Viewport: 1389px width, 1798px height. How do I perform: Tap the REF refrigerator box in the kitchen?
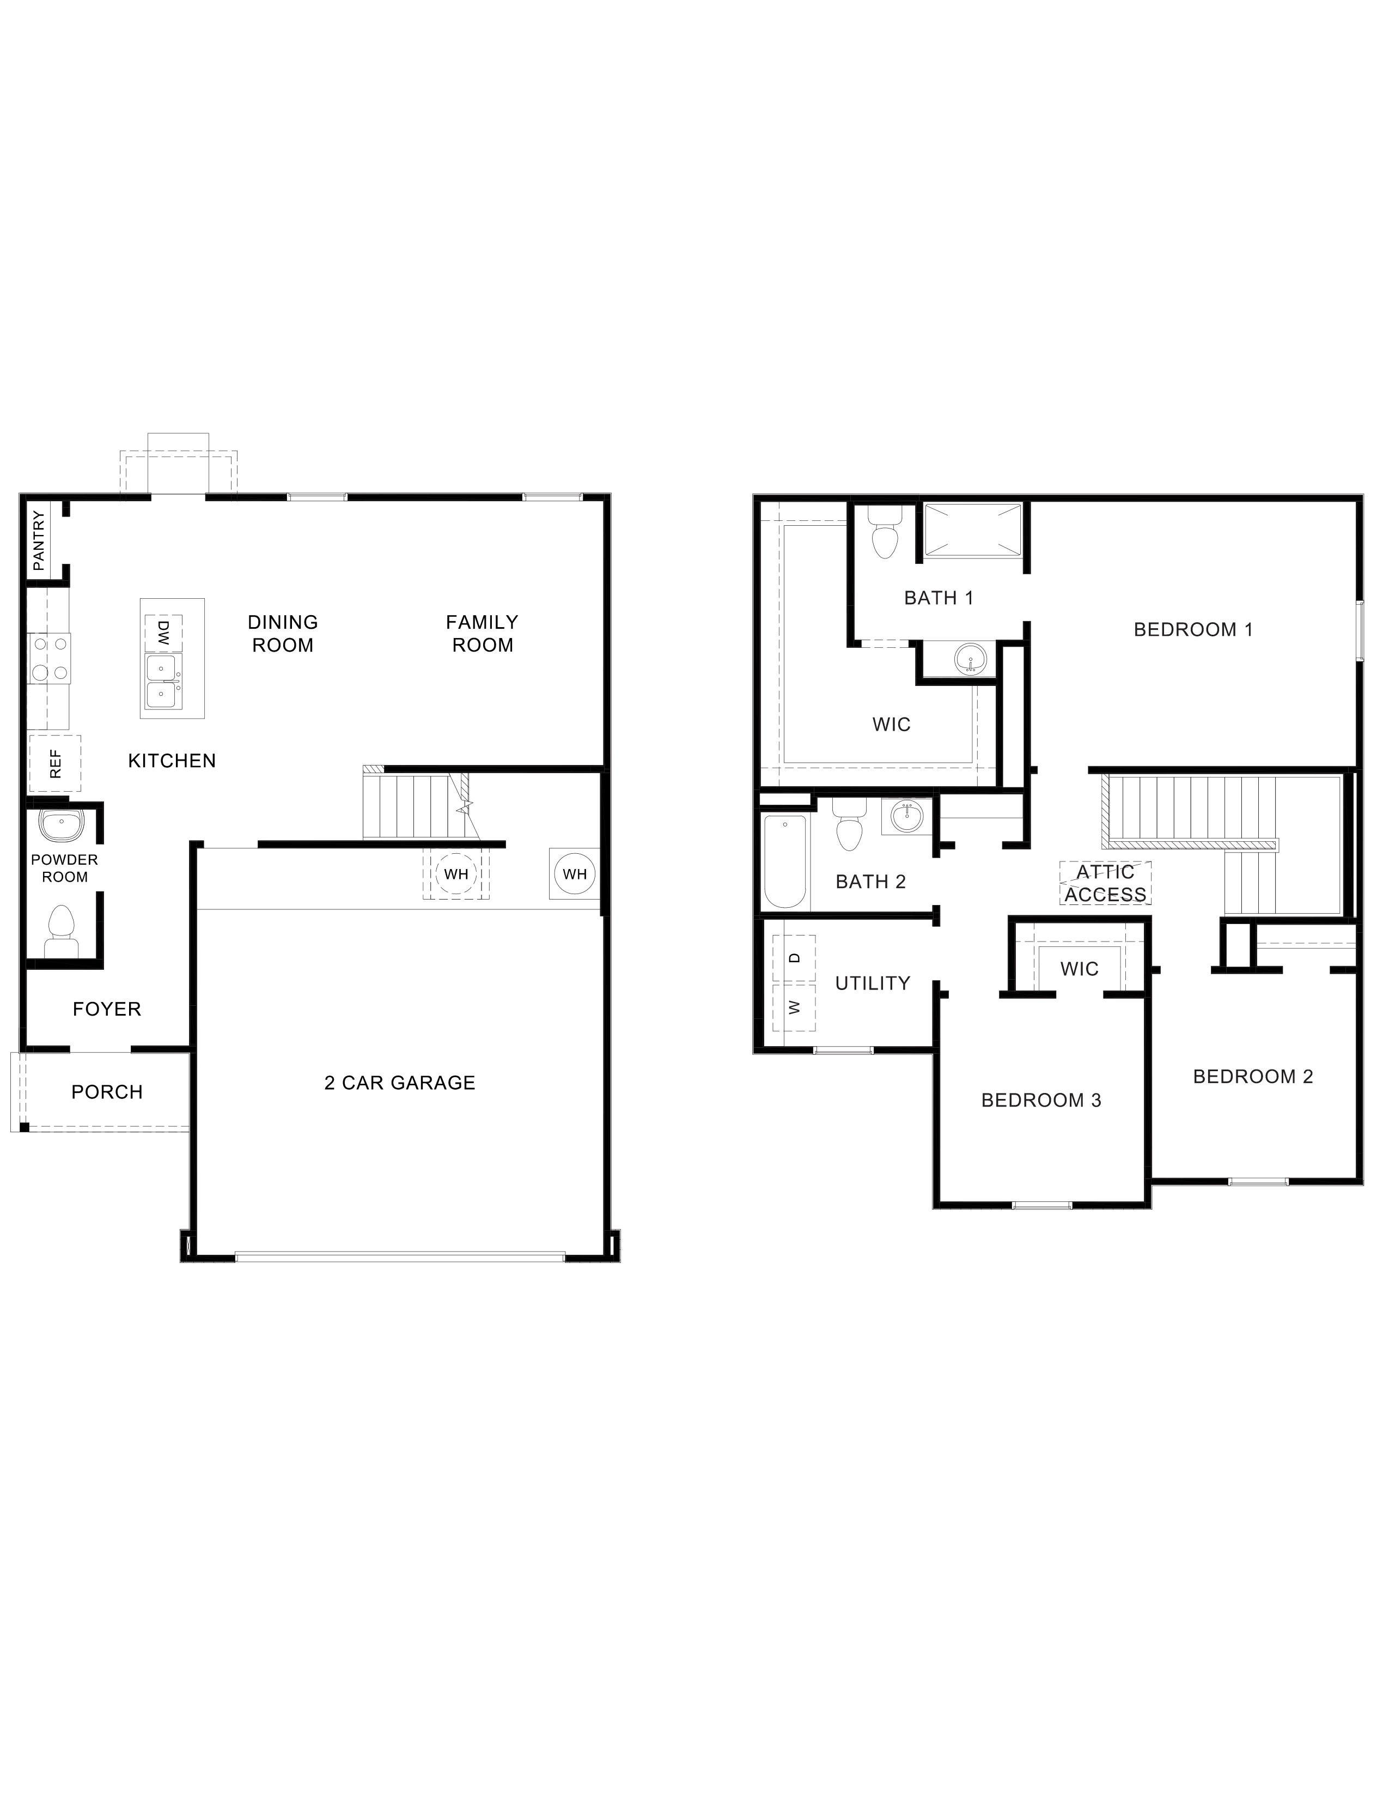coord(55,763)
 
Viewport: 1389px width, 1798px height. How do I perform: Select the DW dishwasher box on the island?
coord(163,632)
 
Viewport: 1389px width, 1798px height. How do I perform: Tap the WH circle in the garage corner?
coord(574,873)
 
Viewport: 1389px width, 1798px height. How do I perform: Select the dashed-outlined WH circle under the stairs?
coord(456,873)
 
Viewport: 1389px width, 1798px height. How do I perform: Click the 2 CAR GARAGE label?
coord(400,1083)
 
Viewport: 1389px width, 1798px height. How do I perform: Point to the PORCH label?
coord(107,1092)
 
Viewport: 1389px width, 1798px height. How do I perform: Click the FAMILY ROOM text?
coord(482,633)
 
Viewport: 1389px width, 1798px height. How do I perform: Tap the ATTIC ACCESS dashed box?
coord(1105,883)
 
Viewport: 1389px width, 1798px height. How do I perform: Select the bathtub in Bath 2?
coord(784,860)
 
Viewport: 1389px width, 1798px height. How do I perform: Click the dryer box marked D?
coord(794,957)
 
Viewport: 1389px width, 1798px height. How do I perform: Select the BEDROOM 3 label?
coord(1041,1100)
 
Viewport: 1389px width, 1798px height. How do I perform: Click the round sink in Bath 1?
coord(971,659)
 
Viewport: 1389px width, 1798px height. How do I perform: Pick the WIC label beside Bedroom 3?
coord(1079,968)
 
